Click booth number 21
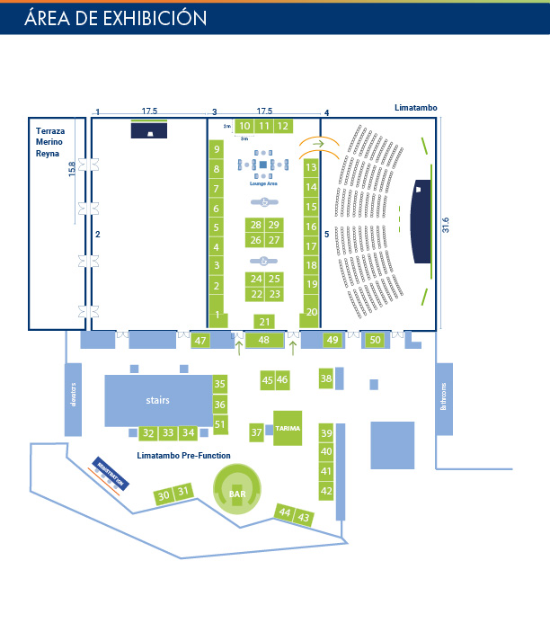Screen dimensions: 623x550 (264, 321)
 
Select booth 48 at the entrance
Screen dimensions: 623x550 (264, 340)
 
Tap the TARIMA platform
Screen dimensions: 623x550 (288, 428)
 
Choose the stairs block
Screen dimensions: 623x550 (158, 401)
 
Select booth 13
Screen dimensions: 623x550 (311, 167)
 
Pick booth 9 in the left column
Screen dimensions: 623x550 (217, 148)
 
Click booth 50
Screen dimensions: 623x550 (376, 340)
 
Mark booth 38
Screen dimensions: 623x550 (326, 378)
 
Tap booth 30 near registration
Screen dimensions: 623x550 (163, 495)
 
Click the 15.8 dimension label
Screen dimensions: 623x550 (72, 170)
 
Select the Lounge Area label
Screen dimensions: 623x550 (264, 183)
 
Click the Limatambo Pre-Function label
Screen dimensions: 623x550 (183, 456)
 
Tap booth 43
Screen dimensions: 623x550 (305, 518)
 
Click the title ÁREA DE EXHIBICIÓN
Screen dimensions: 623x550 (116, 17)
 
